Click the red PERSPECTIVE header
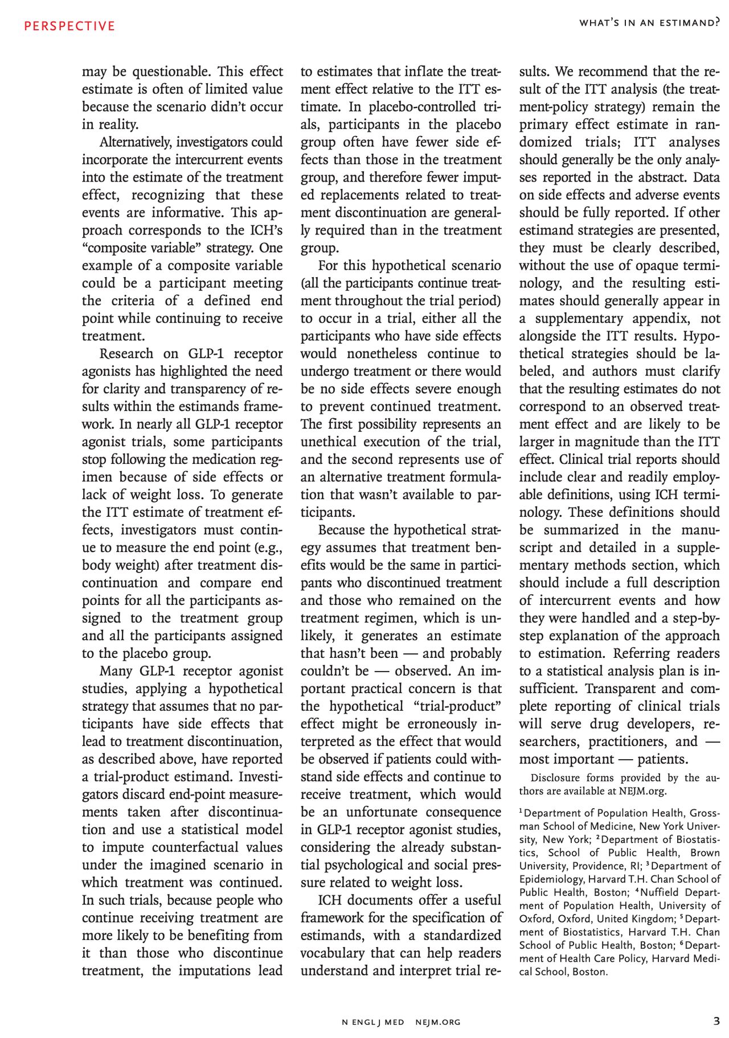[x=69, y=26]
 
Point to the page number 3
[x=716, y=1021]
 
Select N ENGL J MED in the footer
[x=373, y=1022]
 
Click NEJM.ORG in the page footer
[x=438, y=1022]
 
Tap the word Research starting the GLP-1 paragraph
[x=126, y=354]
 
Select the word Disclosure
[x=555, y=778]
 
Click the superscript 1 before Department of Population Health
[x=521, y=811]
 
